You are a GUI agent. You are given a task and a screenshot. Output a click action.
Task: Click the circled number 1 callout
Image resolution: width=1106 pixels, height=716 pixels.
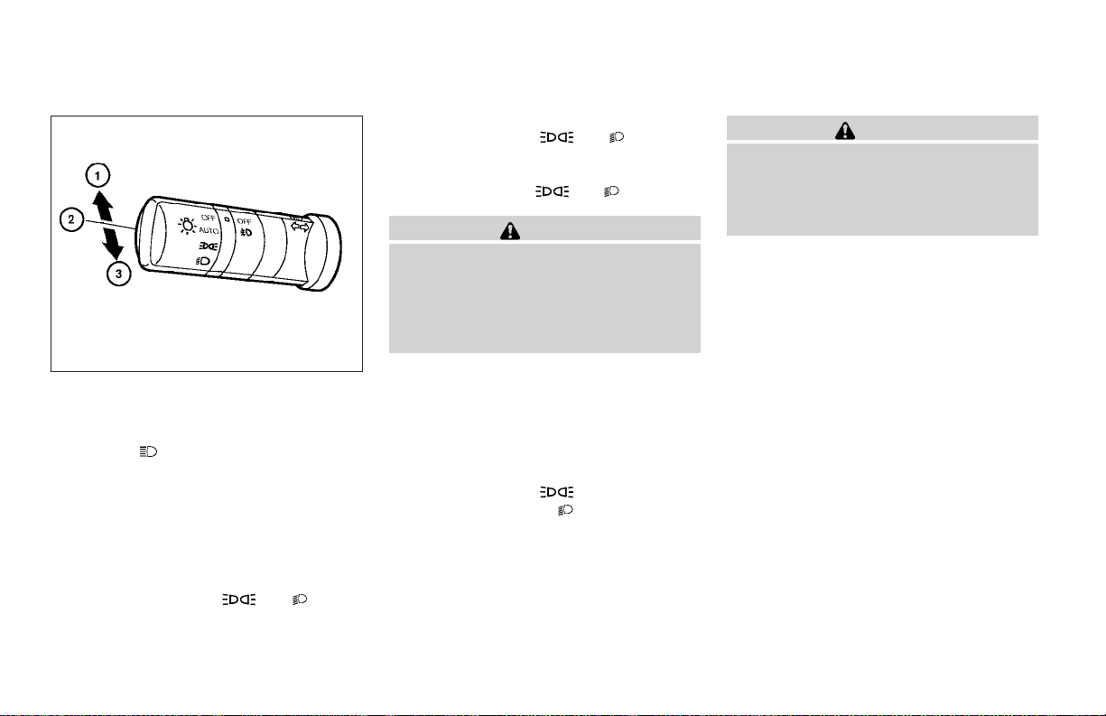click(98, 176)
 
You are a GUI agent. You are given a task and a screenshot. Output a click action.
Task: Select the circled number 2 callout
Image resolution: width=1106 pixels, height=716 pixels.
click(71, 219)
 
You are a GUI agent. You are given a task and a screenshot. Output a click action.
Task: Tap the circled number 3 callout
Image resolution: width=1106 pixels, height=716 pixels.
click(119, 274)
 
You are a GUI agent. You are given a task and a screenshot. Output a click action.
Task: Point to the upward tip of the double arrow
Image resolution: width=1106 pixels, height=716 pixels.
click(98, 191)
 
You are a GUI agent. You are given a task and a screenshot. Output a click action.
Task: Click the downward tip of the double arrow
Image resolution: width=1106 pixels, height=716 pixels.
click(116, 259)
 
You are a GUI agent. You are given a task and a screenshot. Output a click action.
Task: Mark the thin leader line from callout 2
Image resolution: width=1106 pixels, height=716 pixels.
click(110, 225)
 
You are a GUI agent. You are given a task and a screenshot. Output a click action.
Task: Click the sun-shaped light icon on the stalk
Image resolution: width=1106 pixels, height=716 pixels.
click(187, 226)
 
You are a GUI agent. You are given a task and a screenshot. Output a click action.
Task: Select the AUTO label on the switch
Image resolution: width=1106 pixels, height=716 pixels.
click(209, 230)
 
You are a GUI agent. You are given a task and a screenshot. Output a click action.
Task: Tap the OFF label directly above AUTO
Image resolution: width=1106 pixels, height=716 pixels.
click(209, 218)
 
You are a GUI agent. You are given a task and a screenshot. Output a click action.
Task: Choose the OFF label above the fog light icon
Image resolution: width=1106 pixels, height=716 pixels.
click(244, 221)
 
